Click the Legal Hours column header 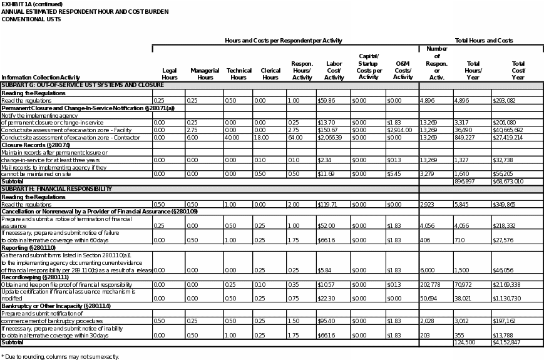click(170, 74)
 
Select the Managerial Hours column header click(205, 74)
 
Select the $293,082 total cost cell click(503, 100)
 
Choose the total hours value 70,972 click(463, 284)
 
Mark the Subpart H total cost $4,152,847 click(506, 342)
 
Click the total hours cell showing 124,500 click(464, 342)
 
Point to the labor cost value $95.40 click(325, 321)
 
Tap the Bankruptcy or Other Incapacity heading click(56, 306)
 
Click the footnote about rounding click(60, 356)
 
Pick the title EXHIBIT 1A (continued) click(32, 4)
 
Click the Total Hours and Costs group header click(483, 41)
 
